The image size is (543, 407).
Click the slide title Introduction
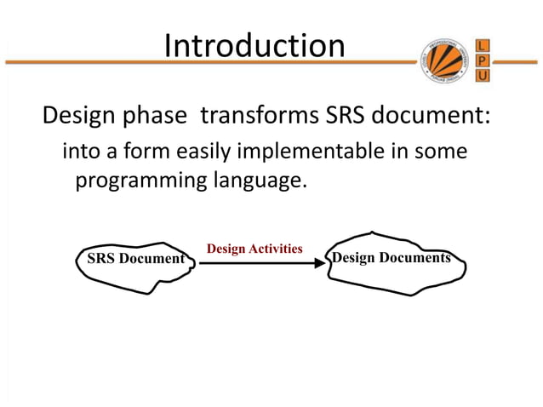254,45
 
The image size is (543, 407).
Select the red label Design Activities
254,249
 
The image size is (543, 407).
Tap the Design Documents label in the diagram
392,257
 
